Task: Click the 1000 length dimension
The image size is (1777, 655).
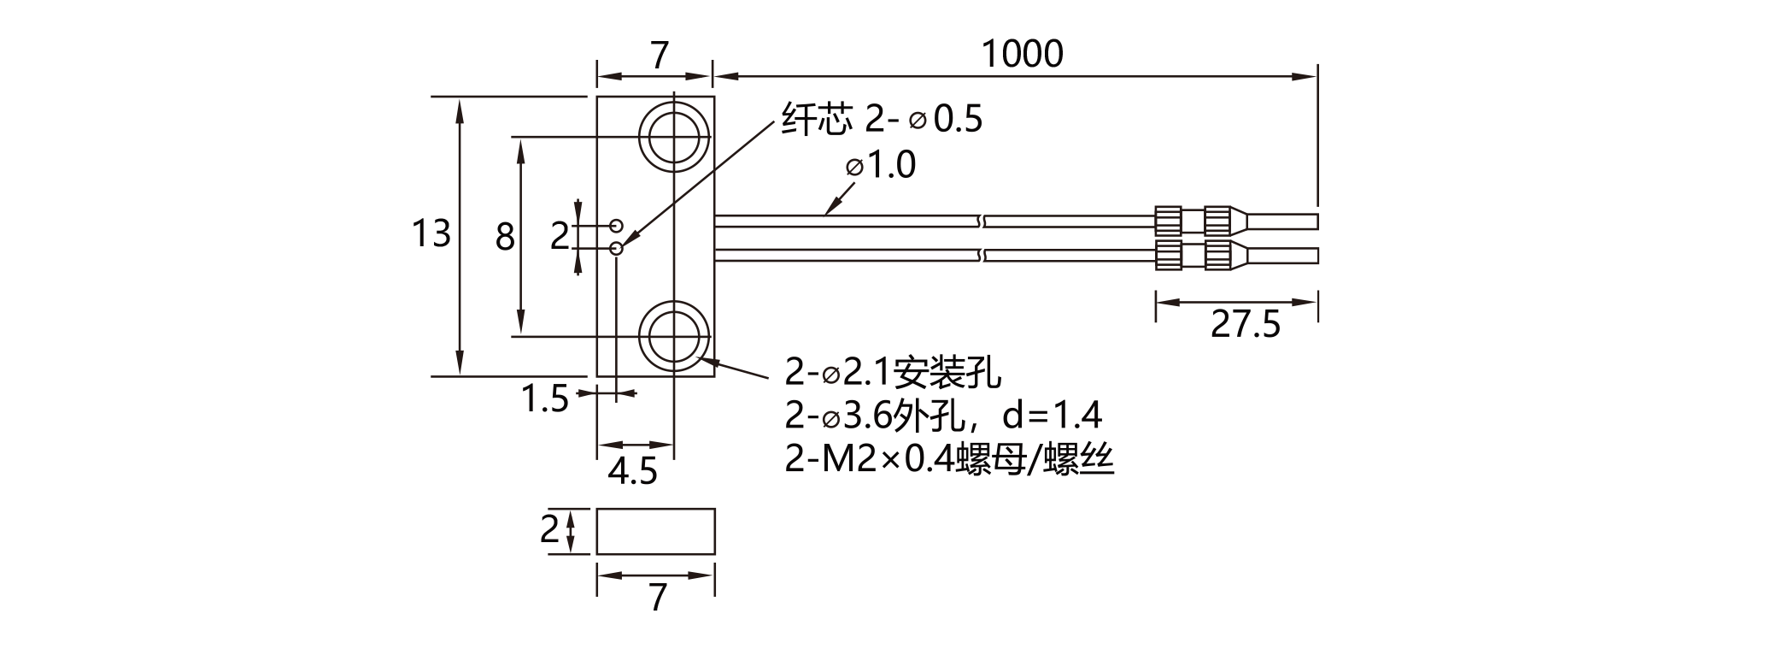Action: (x=1023, y=54)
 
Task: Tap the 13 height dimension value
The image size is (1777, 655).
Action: (x=431, y=233)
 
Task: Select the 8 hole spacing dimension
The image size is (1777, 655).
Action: (x=505, y=237)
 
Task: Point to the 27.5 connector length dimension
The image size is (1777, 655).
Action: (x=1246, y=325)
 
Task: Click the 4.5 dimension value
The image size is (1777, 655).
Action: (x=632, y=471)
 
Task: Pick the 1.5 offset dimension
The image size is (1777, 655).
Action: (x=545, y=398)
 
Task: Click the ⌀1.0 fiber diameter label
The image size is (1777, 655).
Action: (x=881, y=165)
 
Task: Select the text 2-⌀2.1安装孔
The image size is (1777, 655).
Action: (x=894, y=373)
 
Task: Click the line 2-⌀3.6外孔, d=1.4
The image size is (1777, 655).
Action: (x=944, y=416)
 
